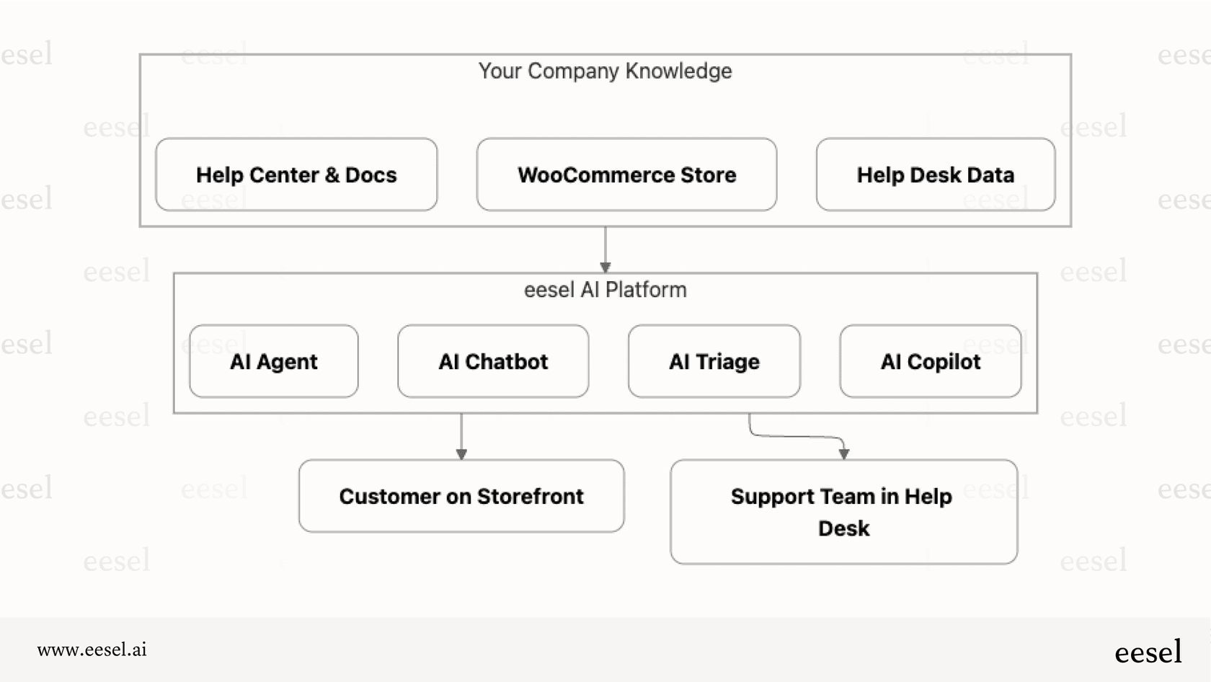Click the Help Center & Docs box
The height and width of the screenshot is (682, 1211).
[296, 174]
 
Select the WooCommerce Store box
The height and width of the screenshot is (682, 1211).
[626, 174]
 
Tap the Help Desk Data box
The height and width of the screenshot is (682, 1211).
[935, 174]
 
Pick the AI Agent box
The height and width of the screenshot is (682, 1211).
[274, 361]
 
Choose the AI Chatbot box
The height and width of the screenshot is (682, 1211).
[493, 361]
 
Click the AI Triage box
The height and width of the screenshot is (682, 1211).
[714, 361]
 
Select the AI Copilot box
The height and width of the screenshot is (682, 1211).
[930, 361]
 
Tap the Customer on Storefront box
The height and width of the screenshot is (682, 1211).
[461, 496]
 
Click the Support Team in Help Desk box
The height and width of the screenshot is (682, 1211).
[843, 512]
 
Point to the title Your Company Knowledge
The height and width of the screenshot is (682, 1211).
[605, 71]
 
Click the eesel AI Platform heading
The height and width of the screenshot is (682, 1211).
[605, 290]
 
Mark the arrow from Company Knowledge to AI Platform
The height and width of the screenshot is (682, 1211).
[605, 249]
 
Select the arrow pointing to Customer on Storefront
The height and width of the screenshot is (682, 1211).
[461, 435]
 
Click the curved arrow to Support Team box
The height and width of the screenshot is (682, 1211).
[797, 436]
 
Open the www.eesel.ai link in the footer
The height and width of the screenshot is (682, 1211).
[92, 650]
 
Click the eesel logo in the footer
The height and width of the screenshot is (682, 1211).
[1148, 652]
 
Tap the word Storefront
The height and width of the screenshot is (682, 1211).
[530, 496]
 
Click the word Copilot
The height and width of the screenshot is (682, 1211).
[944, 361]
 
